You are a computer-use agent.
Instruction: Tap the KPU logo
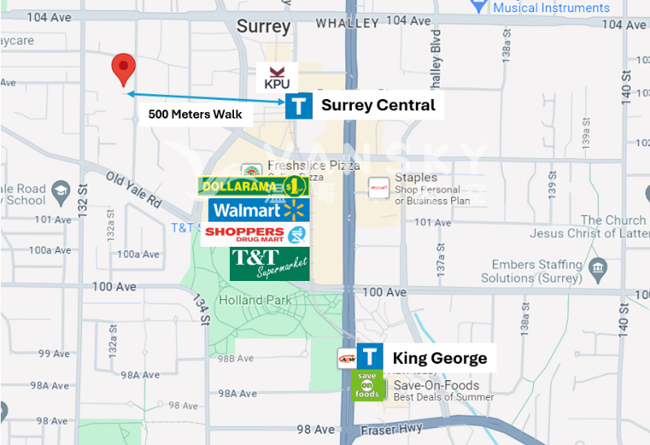pyautogui.click(x=277, y=77)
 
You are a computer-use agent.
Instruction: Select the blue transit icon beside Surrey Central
pyautogui.click(x=299, y=106)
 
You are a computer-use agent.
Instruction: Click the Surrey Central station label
pyautogui.click(x=378, y=105)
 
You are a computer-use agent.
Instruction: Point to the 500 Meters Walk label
pyautogui.click(x=195, y=114)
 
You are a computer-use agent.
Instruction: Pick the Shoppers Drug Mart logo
pyautogui.click(x=256, y=235)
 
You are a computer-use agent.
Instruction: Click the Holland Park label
pyautogui.click(x=255, y=300)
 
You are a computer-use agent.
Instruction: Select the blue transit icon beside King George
pyautogui.click(x=370, y=357)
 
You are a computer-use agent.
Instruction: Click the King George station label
pyautogui.click(x=440, y=358)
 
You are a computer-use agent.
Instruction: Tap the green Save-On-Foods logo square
pyautogui.click(x=366, y=385)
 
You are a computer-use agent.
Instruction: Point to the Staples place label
pyautogui.click(x=416, y=178)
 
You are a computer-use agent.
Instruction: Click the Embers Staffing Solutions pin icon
pyautogui.click(x=599, y=268)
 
